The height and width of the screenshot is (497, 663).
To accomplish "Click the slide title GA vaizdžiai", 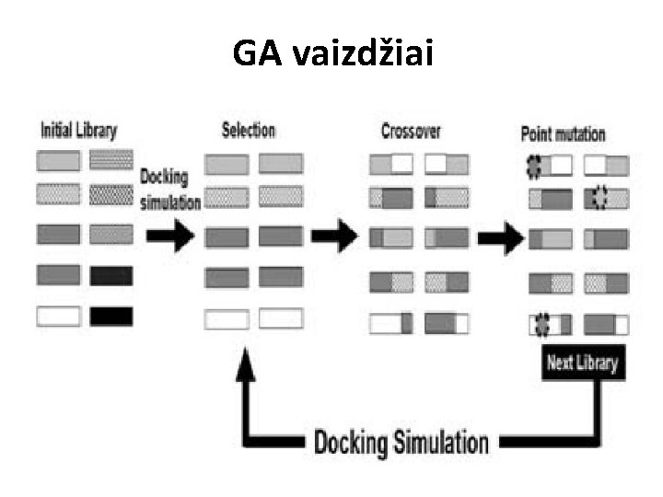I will [331, 54].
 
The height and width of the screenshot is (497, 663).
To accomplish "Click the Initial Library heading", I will [79, 130].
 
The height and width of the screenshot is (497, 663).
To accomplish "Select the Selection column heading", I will [249, 130].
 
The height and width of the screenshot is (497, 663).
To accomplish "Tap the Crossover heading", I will [411, 132].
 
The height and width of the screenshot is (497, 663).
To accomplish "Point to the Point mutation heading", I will [564, 134].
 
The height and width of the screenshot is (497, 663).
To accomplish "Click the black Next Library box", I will [582, 362].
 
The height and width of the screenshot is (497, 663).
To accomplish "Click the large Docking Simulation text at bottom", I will [401, 442].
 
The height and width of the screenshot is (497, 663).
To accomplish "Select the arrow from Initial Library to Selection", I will [170, 237].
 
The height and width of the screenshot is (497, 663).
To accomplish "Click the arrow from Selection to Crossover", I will [334, 236].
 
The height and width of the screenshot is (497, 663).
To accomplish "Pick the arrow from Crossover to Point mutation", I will [500, 239].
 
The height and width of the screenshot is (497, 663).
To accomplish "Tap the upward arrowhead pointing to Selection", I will [246, 367].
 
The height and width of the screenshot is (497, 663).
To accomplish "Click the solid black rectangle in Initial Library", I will [111, 316].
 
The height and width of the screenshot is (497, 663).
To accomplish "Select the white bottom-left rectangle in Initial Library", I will [58, 316].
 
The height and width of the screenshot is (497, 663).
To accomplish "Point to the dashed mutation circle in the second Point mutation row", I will [600, 197].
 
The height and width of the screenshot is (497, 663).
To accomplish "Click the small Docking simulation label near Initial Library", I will [169, 190].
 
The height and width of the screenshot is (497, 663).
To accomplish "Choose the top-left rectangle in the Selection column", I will [227, 165].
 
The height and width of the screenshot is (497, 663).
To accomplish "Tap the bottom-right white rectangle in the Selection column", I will [281, 318].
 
